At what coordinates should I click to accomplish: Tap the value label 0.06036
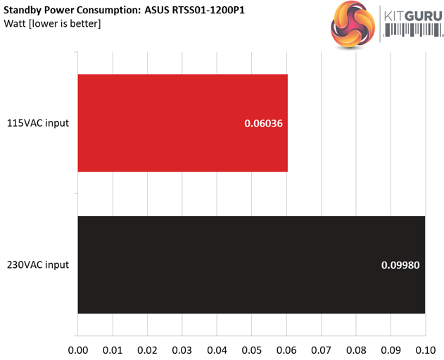[263, 124]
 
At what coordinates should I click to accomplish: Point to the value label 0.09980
[400, 265]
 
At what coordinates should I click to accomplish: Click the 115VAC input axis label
[39, 124]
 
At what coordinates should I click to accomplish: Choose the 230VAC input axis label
[39, 265]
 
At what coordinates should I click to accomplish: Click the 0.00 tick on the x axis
[77, 349]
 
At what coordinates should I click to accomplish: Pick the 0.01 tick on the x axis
[112, 349]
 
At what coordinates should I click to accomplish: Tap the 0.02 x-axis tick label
[147, 349]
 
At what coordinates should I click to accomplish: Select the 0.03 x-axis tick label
[182, 349]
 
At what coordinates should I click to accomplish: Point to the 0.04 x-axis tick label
[217, 349]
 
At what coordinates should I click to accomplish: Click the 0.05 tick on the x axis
[251, 349]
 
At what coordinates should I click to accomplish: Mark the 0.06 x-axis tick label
[286, 349]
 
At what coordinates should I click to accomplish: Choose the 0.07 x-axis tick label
[321, 349]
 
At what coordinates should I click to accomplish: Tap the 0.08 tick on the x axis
[356, 349]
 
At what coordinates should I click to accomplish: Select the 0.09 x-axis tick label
[391, 349]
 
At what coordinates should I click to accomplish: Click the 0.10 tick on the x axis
[425, 349]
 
